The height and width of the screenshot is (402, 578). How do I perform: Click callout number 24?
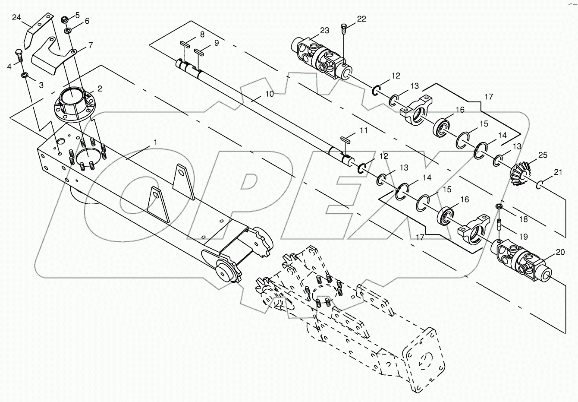tap(16, 18)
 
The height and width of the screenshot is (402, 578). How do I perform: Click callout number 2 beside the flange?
tap(100, 89)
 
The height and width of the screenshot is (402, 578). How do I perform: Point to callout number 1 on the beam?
tap(156, 142)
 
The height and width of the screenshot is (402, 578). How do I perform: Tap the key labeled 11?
tap(346, 139)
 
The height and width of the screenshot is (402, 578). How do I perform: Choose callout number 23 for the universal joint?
tap(324, 30)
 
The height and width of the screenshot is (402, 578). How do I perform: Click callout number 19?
tap(523, 237)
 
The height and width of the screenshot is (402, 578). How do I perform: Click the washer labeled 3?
tap(25, 76)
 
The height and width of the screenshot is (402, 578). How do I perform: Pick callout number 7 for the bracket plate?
tap(90, 45)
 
